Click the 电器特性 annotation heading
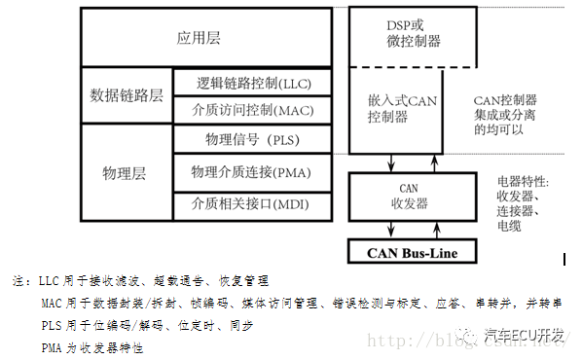(522, 182)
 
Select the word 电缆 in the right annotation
(509, 226)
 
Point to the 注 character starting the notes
(18, 281)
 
